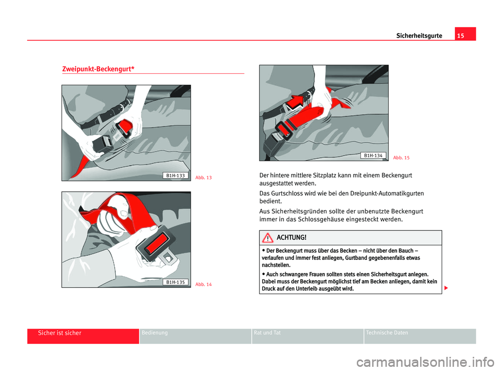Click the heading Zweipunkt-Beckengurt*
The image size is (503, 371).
[98, 69]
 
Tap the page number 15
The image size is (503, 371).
[465, 35]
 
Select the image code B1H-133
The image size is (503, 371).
[175, 175]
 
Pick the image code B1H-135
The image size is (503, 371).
[175, 282]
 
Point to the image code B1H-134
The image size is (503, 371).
[373, 155]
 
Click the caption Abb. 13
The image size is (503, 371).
[203, 178]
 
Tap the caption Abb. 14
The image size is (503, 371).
[203, 284]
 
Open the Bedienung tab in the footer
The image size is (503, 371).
[155, 333]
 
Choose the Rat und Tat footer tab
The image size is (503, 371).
[266, 333]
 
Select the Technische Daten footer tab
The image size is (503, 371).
[387, 333]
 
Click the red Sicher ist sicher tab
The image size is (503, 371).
[59, 333]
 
